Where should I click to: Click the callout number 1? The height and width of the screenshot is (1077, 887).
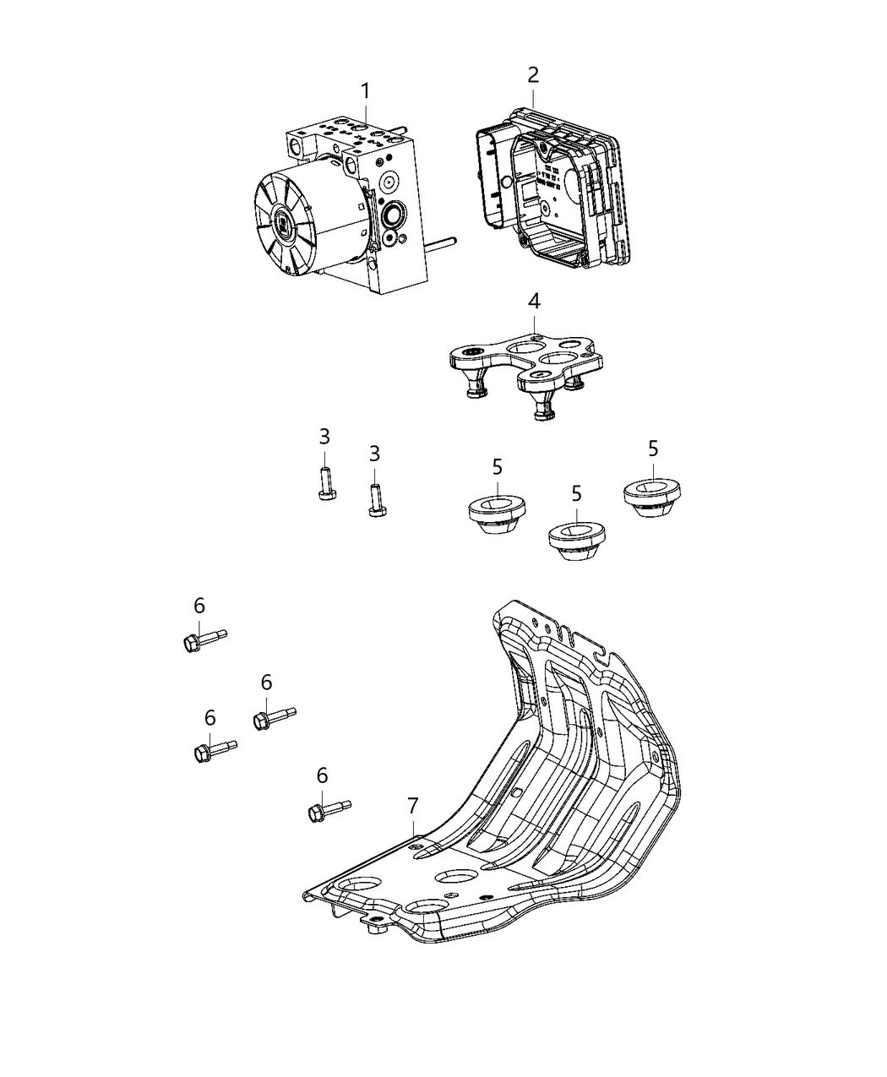tap(365, 90)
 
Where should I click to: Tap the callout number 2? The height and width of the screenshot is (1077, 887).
tap(532, 74)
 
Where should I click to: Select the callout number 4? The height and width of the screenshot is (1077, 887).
tap(534, 301)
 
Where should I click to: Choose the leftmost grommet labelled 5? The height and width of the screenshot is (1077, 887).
tap(497, 514)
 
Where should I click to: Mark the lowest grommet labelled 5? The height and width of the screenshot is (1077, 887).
tap(576, 540)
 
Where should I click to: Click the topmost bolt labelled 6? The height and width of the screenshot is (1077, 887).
tap(203, 639)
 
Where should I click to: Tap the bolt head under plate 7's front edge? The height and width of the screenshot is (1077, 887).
tap(375, 930)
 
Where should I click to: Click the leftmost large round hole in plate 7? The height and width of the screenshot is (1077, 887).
tap(358, 886)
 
